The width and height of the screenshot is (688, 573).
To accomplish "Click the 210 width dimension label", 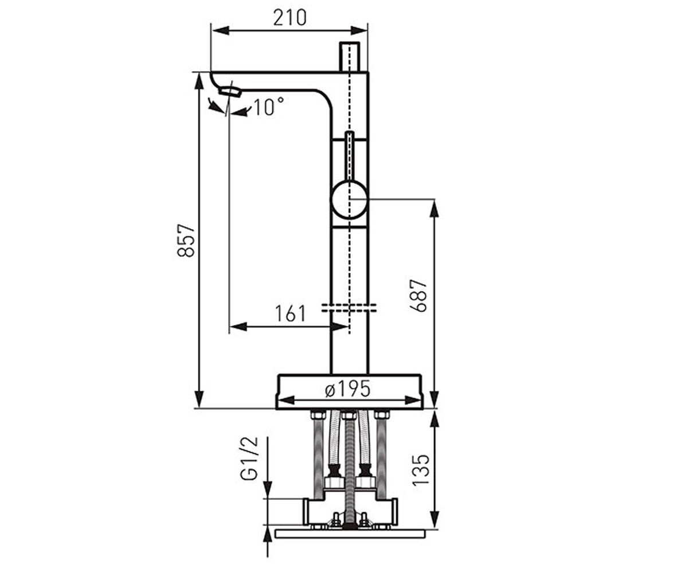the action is [x=290, y=18].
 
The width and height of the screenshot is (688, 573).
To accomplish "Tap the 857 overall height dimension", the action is [x=186, y=241].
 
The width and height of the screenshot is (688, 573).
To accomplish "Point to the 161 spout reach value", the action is [x=290, y=313].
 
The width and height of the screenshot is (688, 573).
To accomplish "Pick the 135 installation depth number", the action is [x=421, y=470].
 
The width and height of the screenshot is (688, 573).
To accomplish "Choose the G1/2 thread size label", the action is [x=249, y=459].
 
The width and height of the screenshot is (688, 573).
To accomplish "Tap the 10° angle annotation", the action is [x=268, y=107].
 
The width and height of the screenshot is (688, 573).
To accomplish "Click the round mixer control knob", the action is [x=349, y=199].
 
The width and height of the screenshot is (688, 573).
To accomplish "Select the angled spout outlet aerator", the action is [x=230, y=92].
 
